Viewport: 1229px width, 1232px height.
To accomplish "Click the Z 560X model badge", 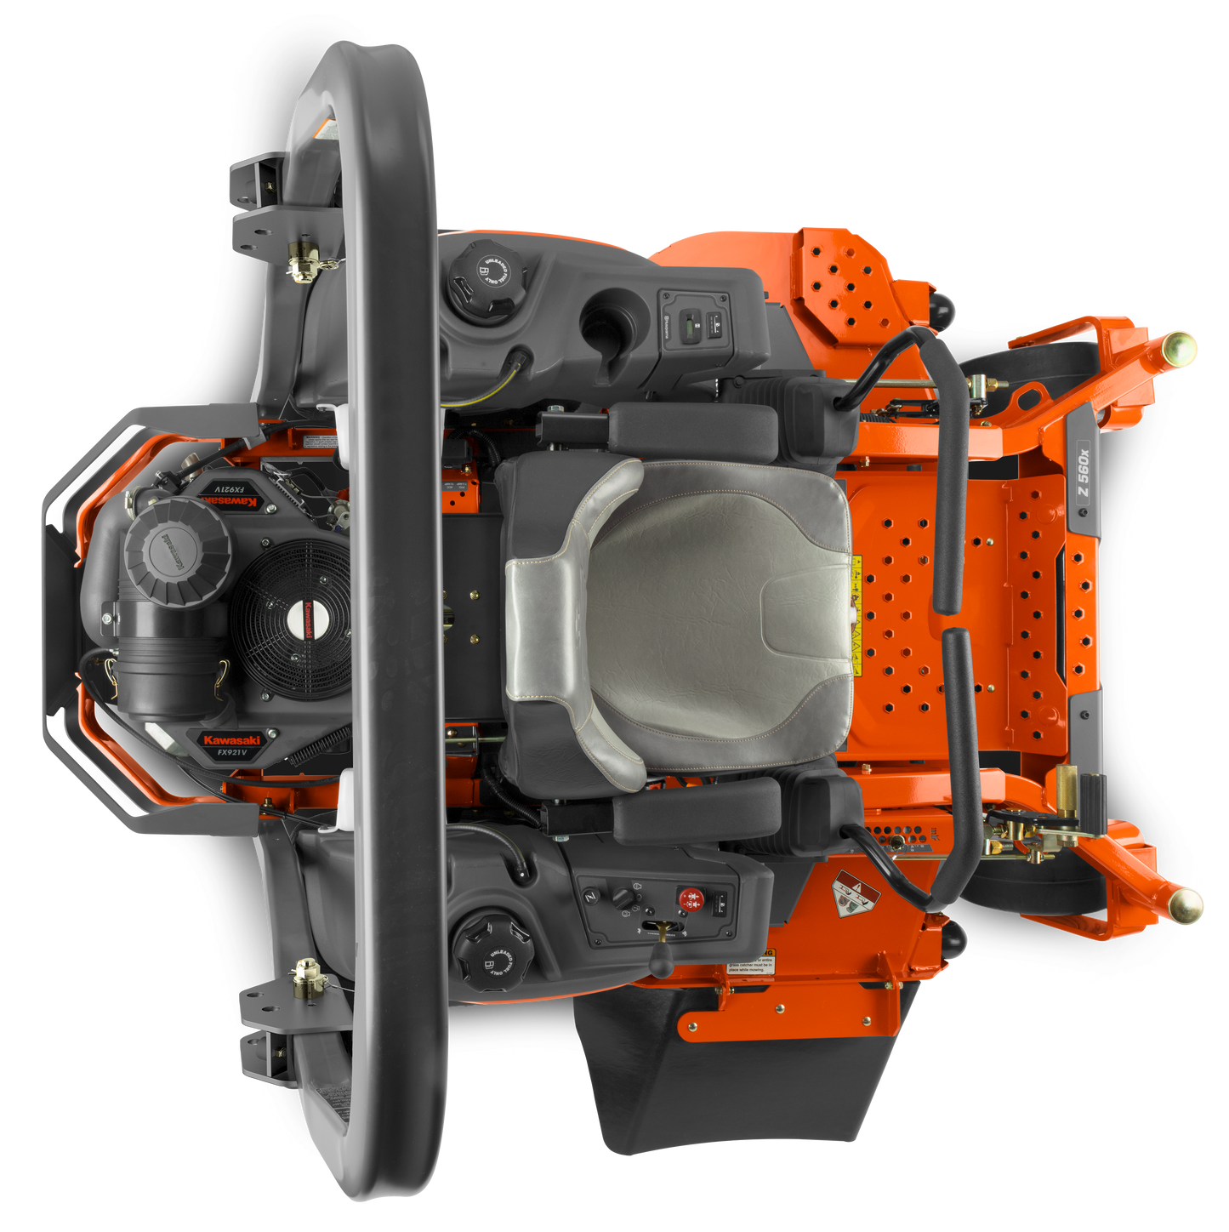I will [x=1083, y=478].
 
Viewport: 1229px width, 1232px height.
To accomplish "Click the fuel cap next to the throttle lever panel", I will [x=492, y=951].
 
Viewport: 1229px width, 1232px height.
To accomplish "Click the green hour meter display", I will [x=691, y=322].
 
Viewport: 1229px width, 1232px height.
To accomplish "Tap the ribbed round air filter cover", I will [x=178, y=551].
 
